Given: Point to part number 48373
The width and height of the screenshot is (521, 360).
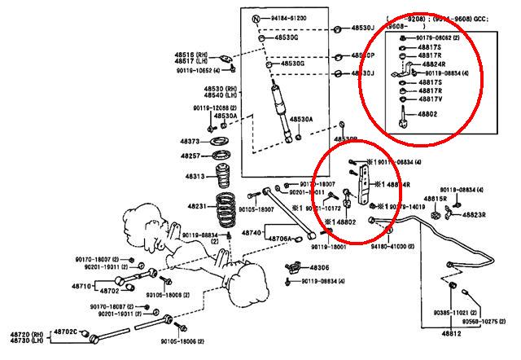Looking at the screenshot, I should pos(190,140).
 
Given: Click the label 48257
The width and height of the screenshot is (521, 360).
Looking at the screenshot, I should pos(190,155).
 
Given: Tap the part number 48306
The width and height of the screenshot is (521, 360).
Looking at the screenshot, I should pos(318,267).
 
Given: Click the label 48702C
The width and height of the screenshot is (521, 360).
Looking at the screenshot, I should pos(65,331).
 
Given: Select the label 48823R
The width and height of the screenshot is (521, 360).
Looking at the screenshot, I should pos(474,215).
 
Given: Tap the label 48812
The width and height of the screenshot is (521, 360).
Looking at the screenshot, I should pos(452,334).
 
